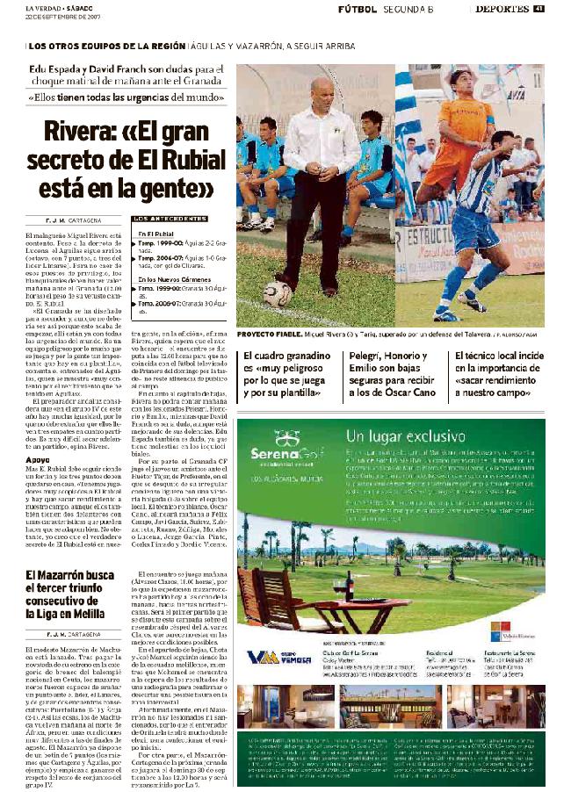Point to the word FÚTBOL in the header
click(x=357, y=9)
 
